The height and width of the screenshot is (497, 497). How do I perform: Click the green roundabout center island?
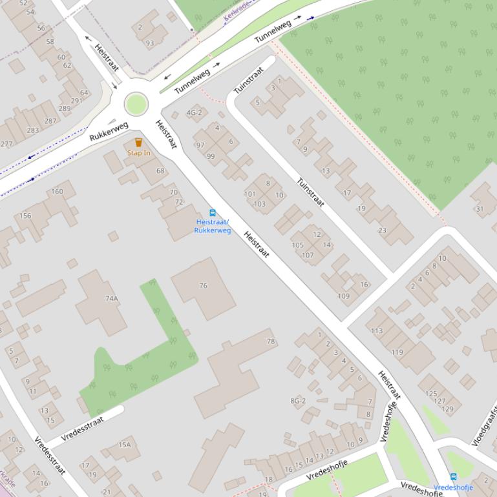(x=136, y=104)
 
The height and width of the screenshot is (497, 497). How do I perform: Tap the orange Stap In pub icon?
(x=138, y=142)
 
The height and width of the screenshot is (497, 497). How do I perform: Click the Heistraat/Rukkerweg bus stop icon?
(x=212, y=213)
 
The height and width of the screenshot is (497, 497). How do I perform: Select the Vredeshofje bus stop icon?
(x=453, y=477)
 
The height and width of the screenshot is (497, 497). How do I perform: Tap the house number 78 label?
(x=271, y=341)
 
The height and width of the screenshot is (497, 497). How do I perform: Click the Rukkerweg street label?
(x=109, y=131)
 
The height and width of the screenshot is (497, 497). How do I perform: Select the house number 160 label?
(x=57, y=191)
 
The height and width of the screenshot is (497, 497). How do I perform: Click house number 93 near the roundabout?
(x=149, y=43)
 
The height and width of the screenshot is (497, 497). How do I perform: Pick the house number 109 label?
(x=343, y=296)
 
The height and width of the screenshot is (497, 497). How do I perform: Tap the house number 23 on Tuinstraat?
(x=382, y=230)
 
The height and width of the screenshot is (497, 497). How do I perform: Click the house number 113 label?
(x=377, y=330)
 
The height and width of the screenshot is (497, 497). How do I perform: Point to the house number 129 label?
(x=447, y=409)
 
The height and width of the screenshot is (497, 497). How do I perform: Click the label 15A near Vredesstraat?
(x=124, y=445)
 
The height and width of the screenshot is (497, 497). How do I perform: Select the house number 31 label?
(x=480, y=208)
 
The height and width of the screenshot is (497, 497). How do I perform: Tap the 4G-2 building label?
(x=194, y=113)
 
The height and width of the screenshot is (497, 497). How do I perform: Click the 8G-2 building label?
(x=298, y=401)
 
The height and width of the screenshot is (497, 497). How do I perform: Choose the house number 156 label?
(x=25, y=216)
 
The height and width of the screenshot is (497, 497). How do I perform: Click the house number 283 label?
(x=33, y=130)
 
